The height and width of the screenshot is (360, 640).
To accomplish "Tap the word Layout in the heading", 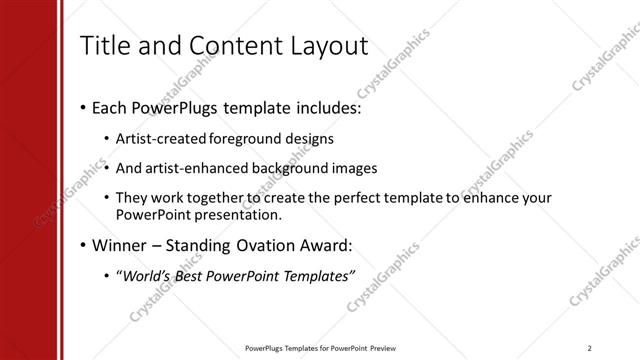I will [x=326, y=46].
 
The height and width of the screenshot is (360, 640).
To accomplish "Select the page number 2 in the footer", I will [x=591, y=348].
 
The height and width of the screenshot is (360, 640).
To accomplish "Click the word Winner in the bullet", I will [x=121, y=245].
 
